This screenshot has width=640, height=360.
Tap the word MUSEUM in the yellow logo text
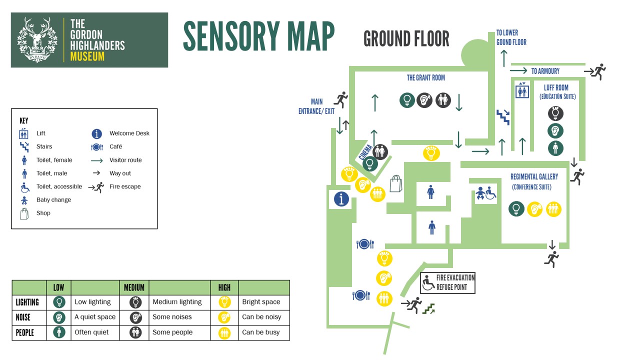coord(87,56)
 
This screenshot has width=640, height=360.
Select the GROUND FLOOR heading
coord(406,38)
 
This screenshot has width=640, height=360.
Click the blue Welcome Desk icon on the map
coord(341,199)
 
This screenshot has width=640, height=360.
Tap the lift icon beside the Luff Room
coord(522,91)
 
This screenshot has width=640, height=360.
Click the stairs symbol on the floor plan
coord(502,117)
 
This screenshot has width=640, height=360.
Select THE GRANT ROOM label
coord(425,77)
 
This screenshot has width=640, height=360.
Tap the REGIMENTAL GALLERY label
coord(534,176)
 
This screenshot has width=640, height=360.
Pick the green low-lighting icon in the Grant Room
coord(407,100)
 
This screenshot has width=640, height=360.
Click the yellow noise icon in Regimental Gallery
coord(534,209)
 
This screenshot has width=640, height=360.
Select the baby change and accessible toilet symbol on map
coord(485,193)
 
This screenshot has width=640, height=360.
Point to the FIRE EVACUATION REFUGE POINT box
coord(447,282)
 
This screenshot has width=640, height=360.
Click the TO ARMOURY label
coord(545,71)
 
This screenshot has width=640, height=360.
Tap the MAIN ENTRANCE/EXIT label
coord(316,106)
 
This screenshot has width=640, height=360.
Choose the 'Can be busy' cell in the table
coord(260,332)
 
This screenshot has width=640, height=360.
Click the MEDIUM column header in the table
coord(134,287)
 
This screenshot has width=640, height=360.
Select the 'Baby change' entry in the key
coord(53,200)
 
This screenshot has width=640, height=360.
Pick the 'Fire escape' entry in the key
coord(125,186)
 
